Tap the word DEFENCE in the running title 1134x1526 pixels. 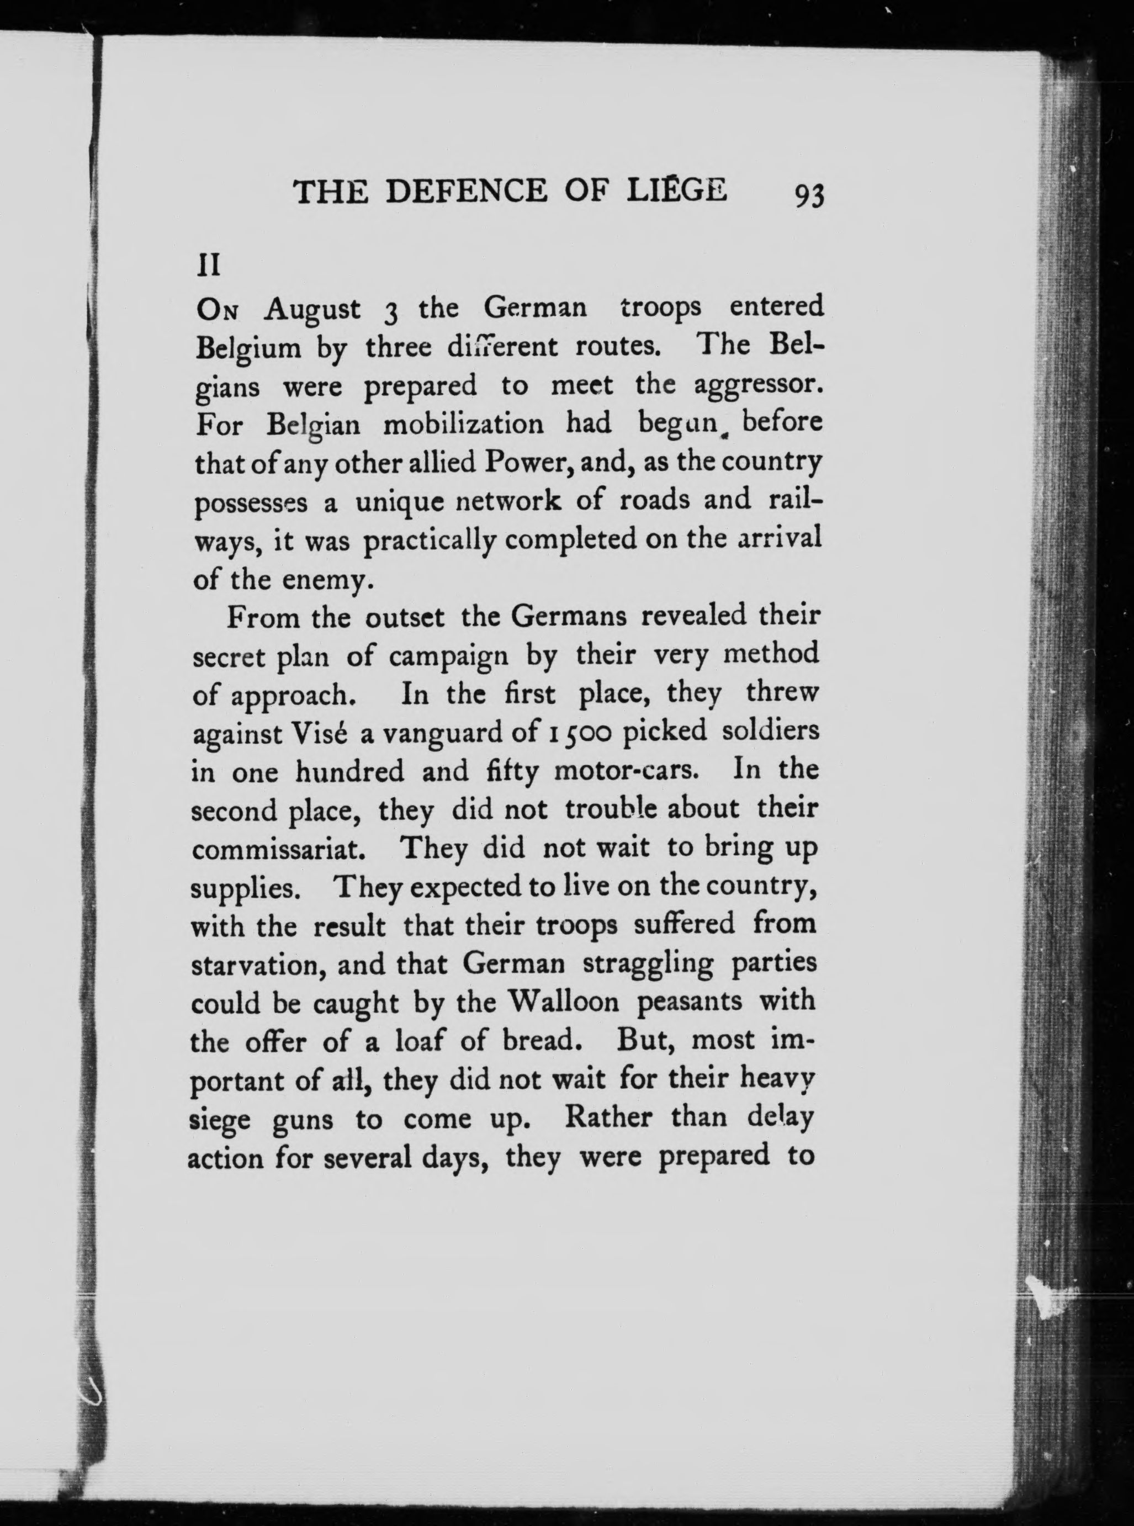[x=466, y=192]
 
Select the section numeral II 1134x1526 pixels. [x=209, y=266]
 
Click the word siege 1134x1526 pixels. [x=220, y=1121]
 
